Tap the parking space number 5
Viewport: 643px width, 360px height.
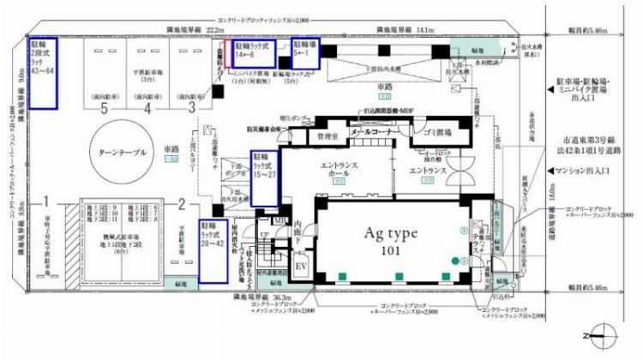pos(105,109)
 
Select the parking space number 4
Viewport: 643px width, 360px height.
pos(147,109)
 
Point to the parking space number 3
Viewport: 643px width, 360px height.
pos(190,109)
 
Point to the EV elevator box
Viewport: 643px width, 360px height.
pos(301,266)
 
